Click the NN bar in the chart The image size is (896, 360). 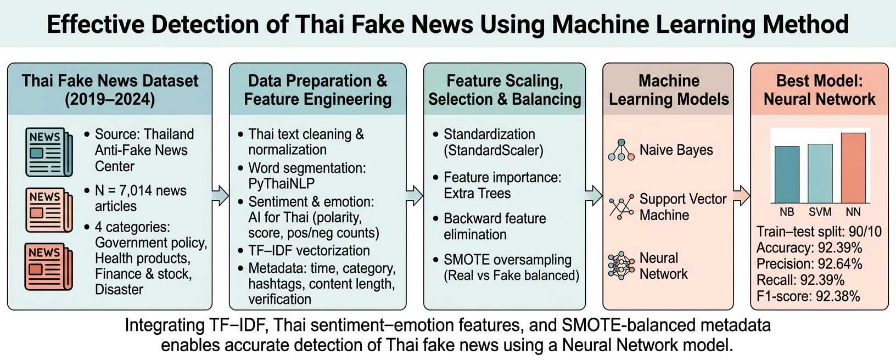click(853, 168)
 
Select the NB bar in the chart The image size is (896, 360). click(787, 175)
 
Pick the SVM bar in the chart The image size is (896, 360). click(820, 173)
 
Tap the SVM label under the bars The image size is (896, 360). click(820, 212)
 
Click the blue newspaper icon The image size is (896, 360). click(49, 152)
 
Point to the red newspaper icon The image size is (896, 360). click(49, 266)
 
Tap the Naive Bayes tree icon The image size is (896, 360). click(621, 150)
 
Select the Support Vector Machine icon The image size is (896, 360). click(621, 207)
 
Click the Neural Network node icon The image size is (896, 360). click(621, 266)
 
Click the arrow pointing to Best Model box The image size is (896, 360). click(742, 195)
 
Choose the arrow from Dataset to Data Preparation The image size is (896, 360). click(220, 195)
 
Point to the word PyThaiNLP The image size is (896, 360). click(282, 184)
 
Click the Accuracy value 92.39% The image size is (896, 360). click(840, 248)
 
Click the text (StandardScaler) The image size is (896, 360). click(494, 150)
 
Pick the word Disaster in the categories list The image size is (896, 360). click(119, 289)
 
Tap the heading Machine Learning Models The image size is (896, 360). click(669, 90)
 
